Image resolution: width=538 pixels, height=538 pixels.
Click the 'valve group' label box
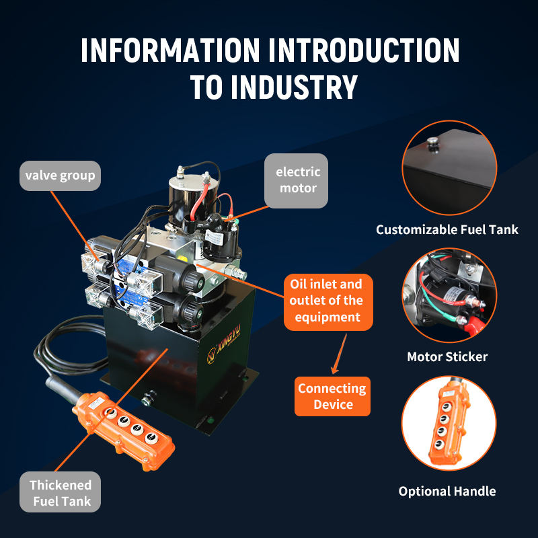[60, 176]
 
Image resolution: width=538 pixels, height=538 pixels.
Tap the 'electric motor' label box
[297, 180]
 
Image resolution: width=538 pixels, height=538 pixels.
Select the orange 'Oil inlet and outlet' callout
[325, 301]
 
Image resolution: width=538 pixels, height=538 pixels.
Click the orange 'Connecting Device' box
[332, 396]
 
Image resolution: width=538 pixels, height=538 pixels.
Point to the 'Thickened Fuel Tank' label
[60, 493]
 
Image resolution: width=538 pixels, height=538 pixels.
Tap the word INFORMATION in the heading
[169, 51]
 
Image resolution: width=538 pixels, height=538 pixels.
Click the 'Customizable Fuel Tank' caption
[447, 230]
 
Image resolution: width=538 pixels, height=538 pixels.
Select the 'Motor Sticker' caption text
[447, 356]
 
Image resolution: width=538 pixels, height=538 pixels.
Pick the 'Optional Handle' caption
[447, 491]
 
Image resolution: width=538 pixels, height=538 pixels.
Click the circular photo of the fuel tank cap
[449, 167]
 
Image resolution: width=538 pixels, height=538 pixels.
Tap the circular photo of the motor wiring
[449, 296]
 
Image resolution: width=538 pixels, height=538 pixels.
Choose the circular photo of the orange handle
[449, 422]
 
